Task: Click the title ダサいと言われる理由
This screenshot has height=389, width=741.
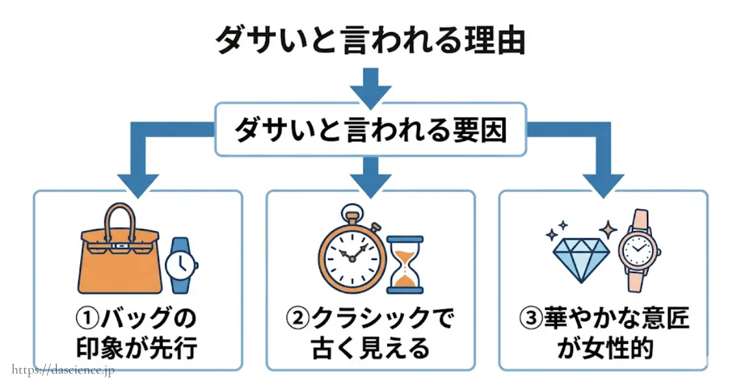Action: pyautogui.click(x=371, y=42)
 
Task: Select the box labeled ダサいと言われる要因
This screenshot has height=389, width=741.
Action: pyautogui.click(x=371, y=129)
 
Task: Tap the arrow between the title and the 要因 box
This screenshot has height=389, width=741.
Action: pyautogui.click(x=371, y=86)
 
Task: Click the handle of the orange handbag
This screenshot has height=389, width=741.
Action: pyautogui.click(x=120, y=219)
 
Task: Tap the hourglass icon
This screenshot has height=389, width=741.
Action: pyautogui.click(x=404, y=264)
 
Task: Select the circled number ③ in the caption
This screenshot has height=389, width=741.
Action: pyautogui.click(x=530, y=319)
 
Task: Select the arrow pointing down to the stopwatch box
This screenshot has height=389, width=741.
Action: pyautogui.click(x=371, y=176)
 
